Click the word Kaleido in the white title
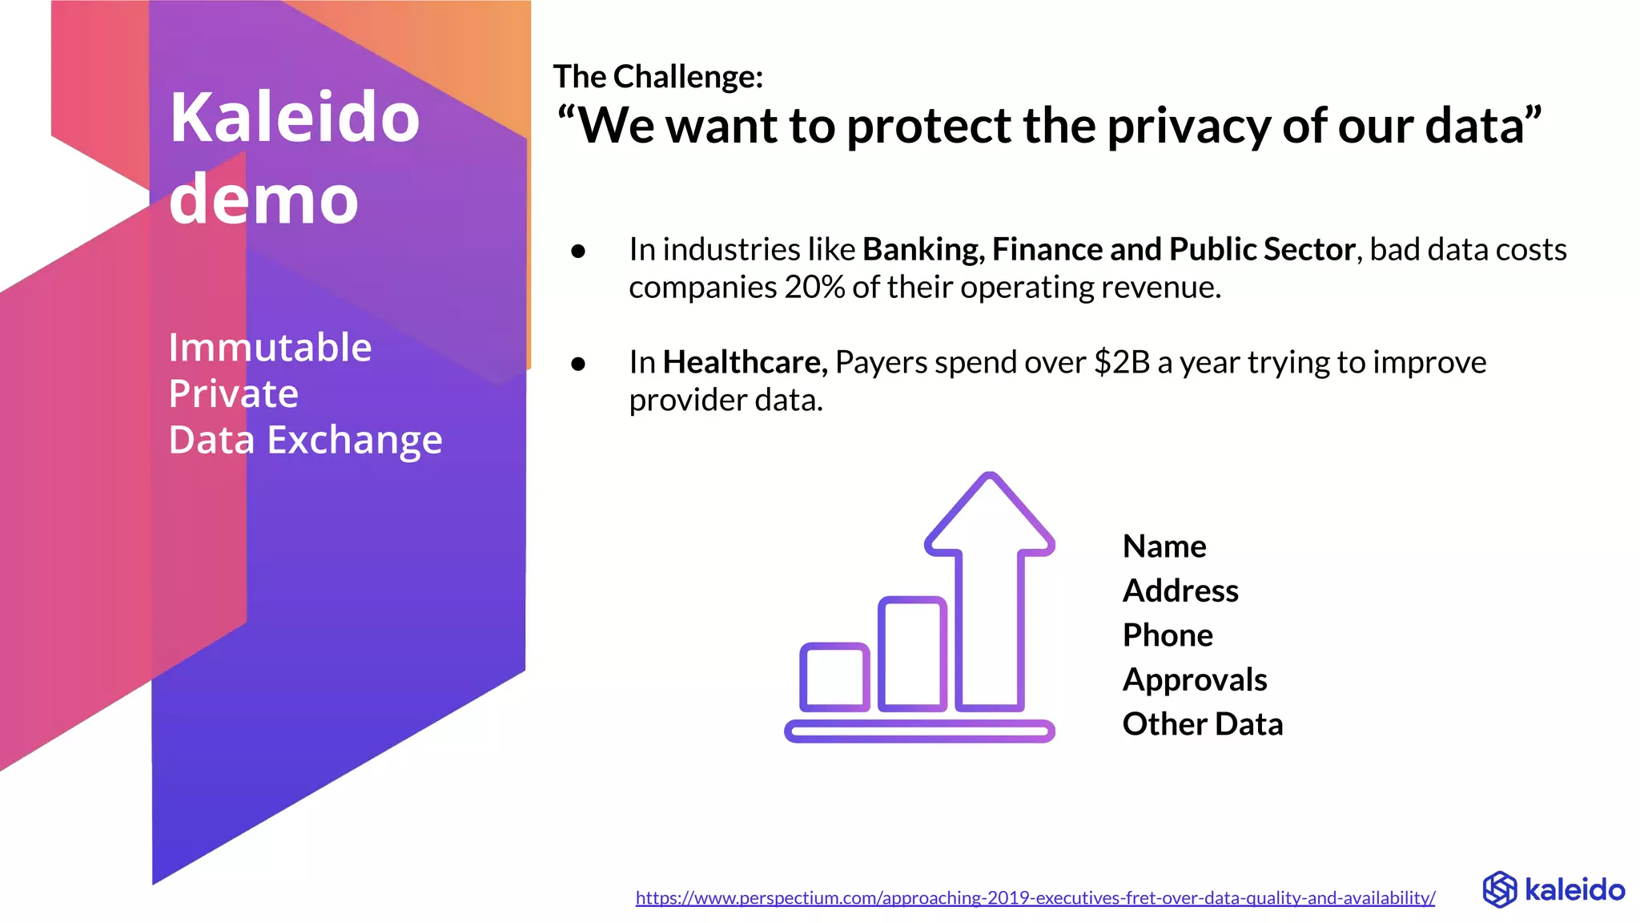tap(294, 118)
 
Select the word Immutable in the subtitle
tap(270, 348)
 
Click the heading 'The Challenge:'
tap(657, 77)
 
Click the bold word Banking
tap(922, 250)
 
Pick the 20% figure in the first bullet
tap(814, 288)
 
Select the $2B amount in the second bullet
tap(1122, 363)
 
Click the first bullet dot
tap(578, 252)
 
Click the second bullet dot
tap(578, 365)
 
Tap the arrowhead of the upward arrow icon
tap(990, 513)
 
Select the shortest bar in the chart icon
tap(834, 677)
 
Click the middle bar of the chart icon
tap(912, 654)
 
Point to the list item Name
tap(1164, 546)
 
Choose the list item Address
tap(1180, 591)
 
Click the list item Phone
tap(1168, 635)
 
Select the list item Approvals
tap(1195, 680)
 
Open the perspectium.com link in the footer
tap(1035, 898)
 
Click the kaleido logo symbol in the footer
tap(1499, 889)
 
